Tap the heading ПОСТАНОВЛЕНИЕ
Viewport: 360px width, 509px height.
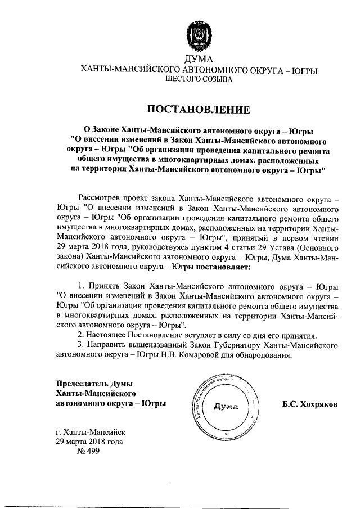(x=198, y=108)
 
